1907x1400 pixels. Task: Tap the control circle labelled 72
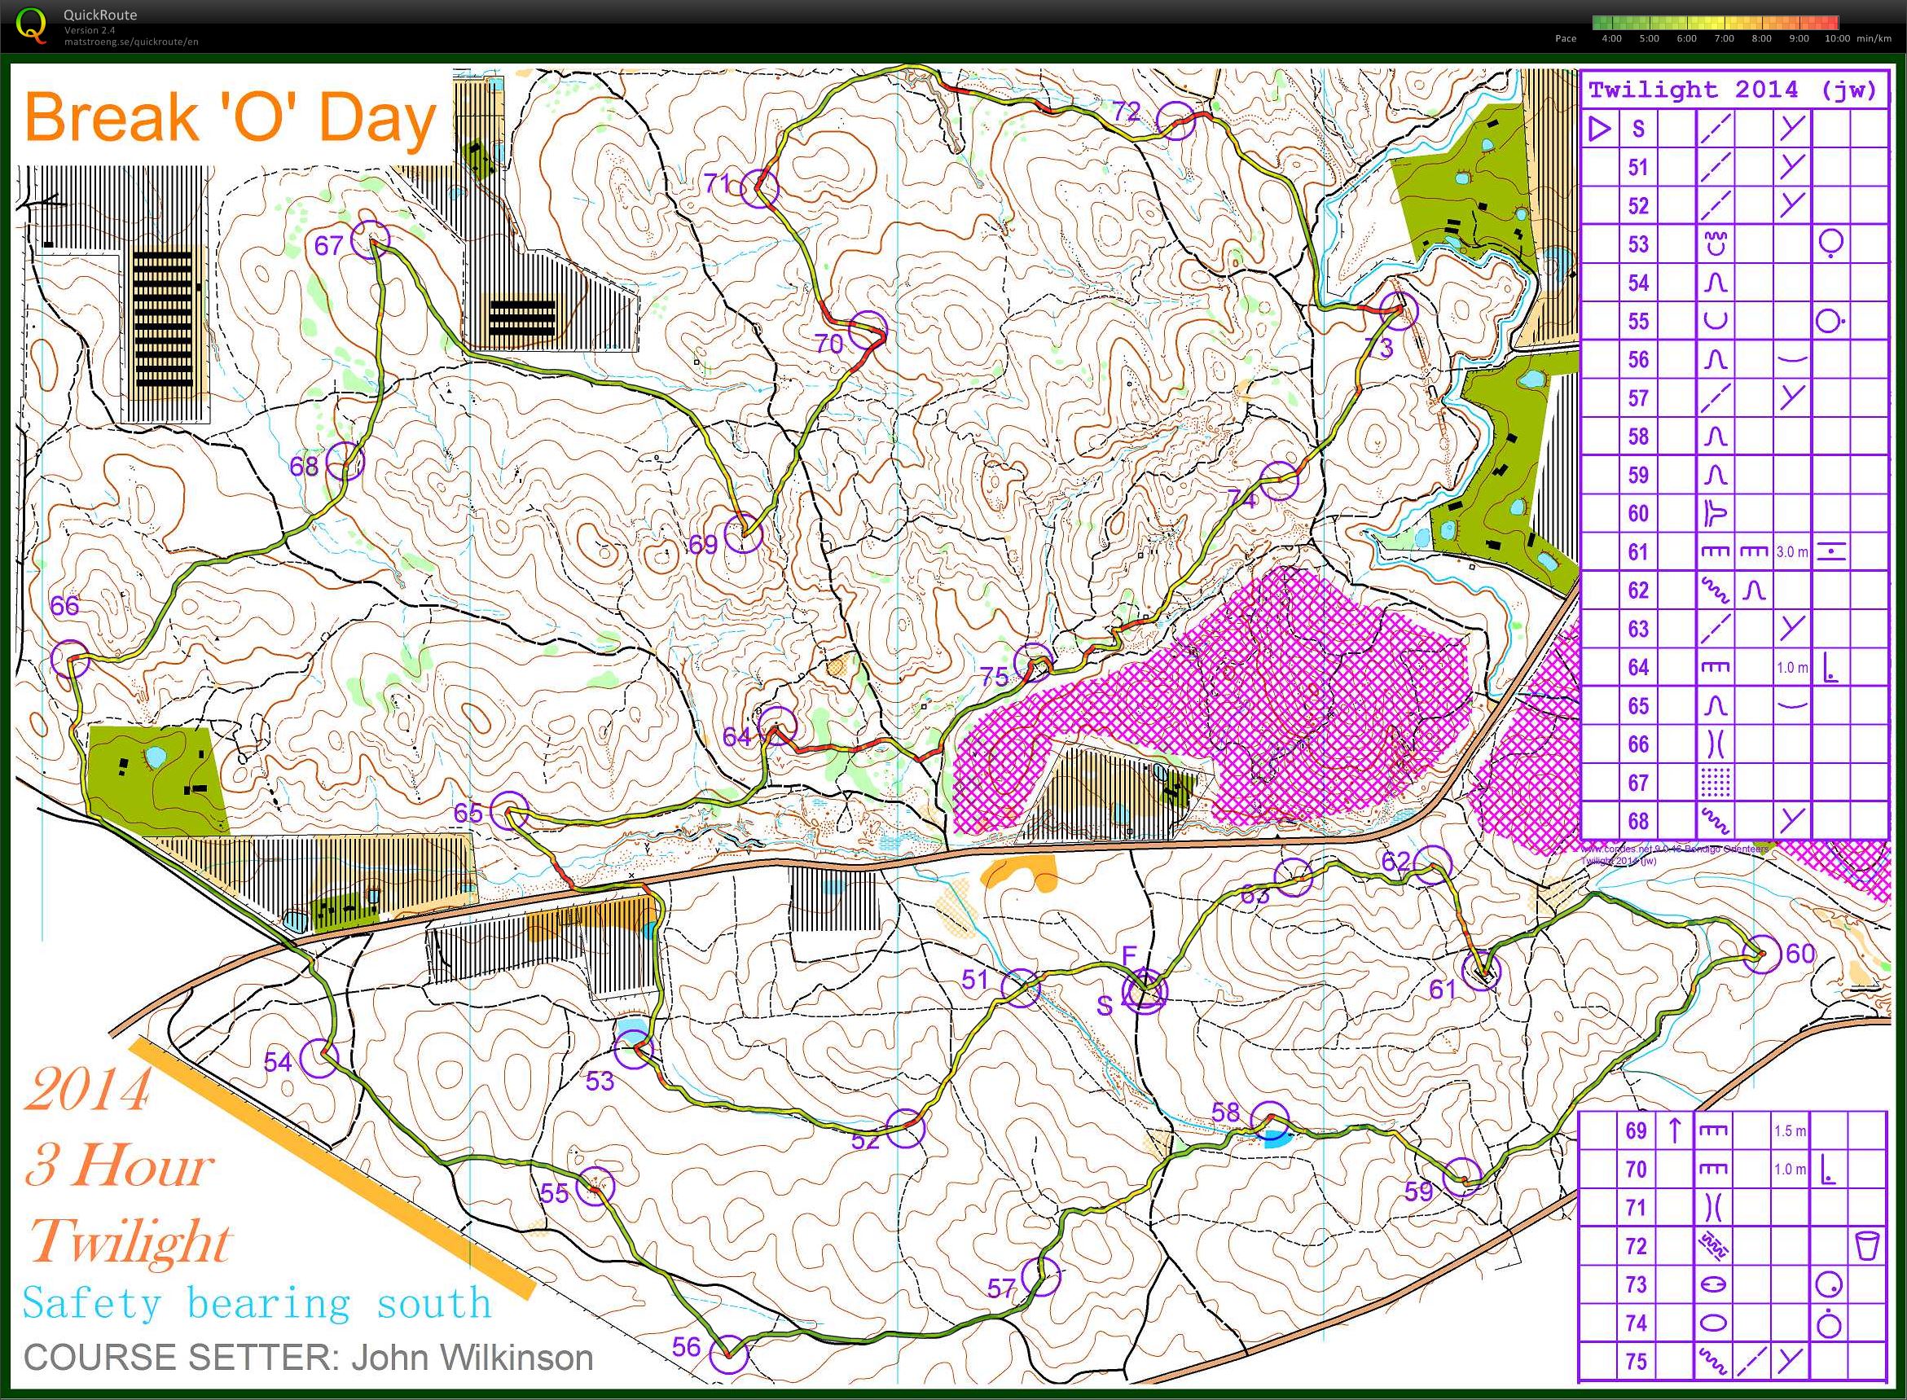tap(1176, 121)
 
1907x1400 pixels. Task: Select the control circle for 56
tap(728, 1354)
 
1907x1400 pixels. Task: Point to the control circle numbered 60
tap(1761, 955)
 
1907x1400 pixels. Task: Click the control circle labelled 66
tap(69, 659)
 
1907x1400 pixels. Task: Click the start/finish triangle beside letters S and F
tap(1145, 990)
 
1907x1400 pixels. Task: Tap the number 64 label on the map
tap(736, 737)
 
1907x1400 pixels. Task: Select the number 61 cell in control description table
tap(1638, 551)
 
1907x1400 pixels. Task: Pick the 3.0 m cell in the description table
tap(1791, 551)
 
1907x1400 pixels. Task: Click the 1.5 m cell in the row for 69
tap(1789, 1131)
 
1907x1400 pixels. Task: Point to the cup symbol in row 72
tap(1867, 1246)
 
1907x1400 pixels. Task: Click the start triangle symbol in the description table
tap(1599, 129)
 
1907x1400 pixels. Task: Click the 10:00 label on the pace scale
tap(1837, 38)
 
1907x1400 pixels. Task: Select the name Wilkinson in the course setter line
tap(472, 1357)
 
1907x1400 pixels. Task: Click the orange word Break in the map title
tap(108, 118)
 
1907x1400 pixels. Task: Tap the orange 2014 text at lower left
tap(88, 1090)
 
